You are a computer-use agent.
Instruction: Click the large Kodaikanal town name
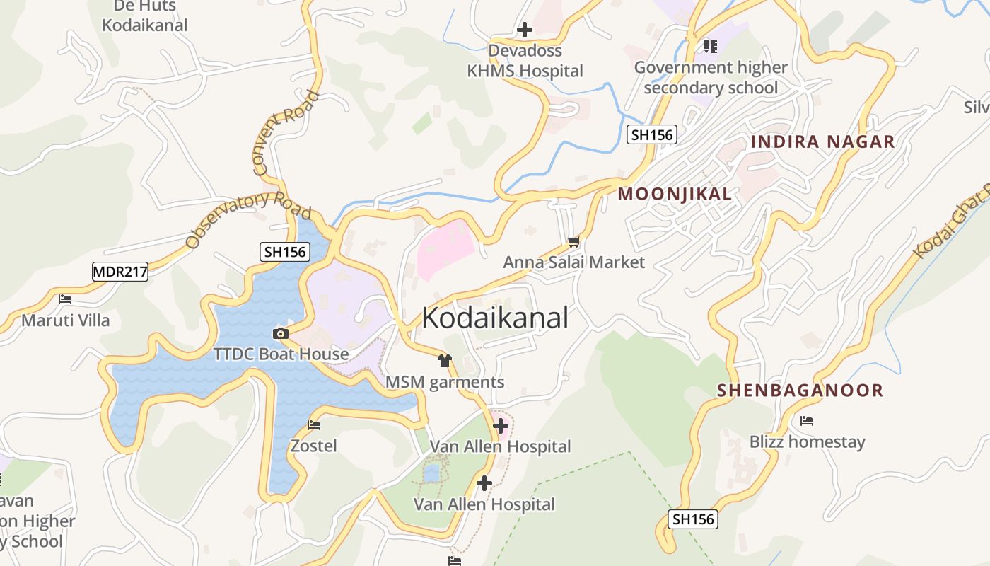coord(495,318)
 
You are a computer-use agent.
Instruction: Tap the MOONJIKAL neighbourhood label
coord(675,194)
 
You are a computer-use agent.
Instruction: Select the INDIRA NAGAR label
coord(822,141)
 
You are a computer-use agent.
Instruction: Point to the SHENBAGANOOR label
coord(800,390)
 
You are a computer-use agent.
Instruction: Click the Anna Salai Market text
coord(573,262)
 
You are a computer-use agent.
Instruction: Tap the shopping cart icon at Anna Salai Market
coord(573,241)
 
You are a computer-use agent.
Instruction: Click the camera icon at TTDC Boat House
coord(281,333)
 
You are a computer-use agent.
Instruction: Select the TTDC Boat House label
coord(281,354)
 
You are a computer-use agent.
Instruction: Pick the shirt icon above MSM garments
coord(444,361)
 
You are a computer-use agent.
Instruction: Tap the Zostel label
coord(313,446)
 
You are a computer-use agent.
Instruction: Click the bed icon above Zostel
coord(314,425)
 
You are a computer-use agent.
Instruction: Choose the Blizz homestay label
coord(807,442)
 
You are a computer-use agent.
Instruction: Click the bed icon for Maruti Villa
coord(66,299)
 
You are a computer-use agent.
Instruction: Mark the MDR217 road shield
coord(120,271)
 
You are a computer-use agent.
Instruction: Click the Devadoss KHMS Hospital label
coord(525,61)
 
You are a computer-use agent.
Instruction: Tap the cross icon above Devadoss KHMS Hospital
coord(525,30)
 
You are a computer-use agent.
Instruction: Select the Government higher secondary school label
coord(711,78)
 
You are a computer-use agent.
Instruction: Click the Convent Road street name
coord(286,133)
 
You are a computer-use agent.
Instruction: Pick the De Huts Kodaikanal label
coord(144,16)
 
